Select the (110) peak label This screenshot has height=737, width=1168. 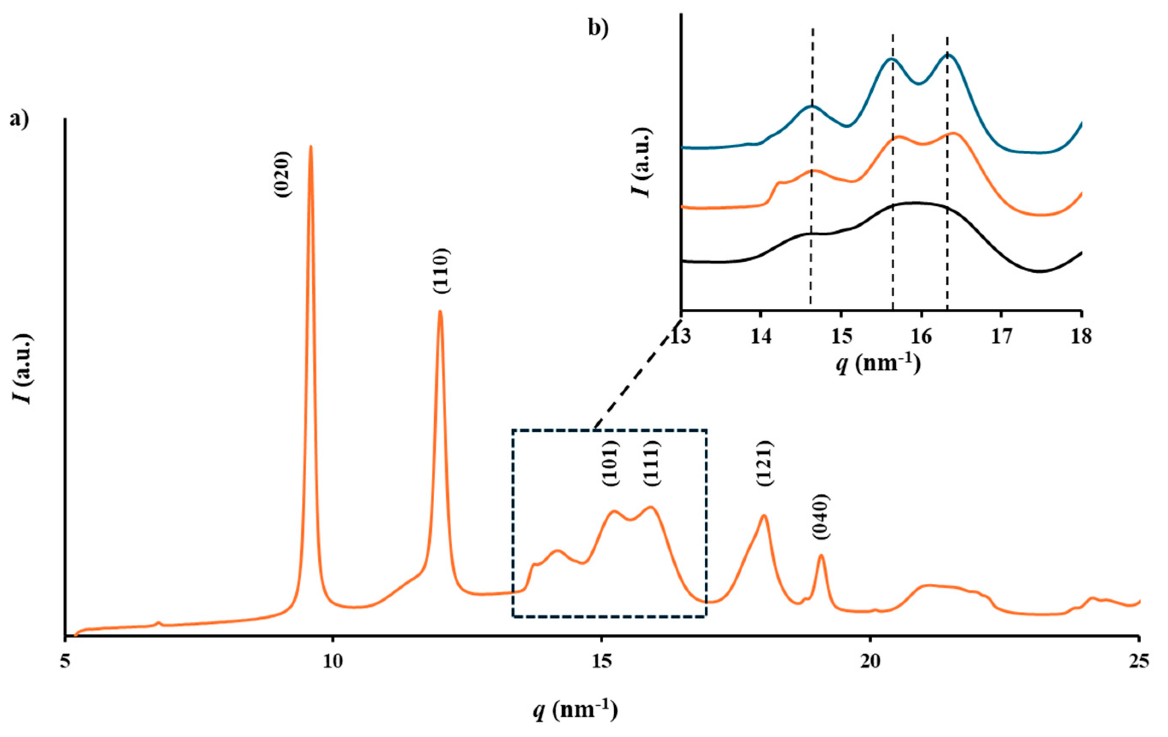click(x=442, y=271)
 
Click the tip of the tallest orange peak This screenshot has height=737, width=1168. click(x=311, y=146)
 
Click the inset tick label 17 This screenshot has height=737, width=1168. click(x=1001, y=336)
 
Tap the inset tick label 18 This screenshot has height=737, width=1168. click(x=1081, y=336)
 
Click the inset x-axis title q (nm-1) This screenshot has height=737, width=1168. click(x=878, y=365)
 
